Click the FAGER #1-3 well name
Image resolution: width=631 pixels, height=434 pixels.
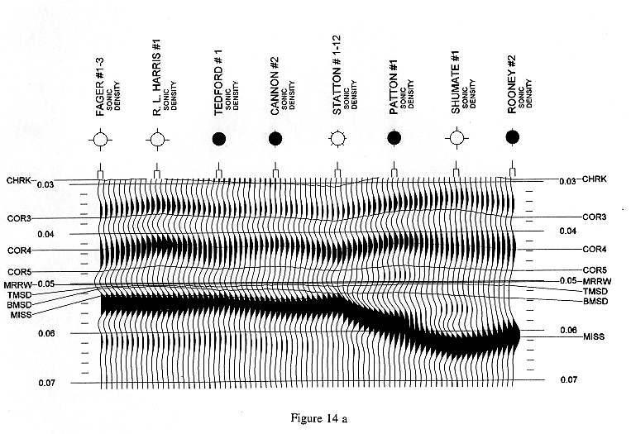pyautogui.click(x=100, y=87)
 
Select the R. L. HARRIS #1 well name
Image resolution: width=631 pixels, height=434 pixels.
pyautogui.click(x=156, y=78)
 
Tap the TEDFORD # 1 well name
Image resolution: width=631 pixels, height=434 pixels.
pyautogui.click(x=218, y=83)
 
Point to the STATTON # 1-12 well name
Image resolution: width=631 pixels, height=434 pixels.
pyautogui.click(x=337, y=75)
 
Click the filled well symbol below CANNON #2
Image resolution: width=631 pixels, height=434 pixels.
pyautogui.click(x=275, y=139)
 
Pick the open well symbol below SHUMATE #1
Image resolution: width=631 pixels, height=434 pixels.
pyautogui.click(x=457, y=138)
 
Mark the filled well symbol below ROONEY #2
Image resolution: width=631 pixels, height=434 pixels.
pyautogui.click(x=512, y=137)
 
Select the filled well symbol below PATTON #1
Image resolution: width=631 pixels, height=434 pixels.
pyautogui.click(x=394, y=138)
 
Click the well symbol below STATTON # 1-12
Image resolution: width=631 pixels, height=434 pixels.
pyautogui.click(x=337, y=139)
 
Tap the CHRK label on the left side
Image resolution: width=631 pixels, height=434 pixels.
pyautogui.click(x=19, y=180)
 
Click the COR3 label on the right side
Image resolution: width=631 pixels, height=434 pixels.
pyautogui.click(x=595, y=217)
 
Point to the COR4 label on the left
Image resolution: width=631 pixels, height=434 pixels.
pyautogui.click(x=19, y=250)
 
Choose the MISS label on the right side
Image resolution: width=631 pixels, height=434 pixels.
pyautogui.click(x=594, y=336)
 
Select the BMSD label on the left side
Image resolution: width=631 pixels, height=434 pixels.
pyautogui.click(x=19, y=305)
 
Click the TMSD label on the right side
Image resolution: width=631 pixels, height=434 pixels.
pyautogui.click(x=595, y=291)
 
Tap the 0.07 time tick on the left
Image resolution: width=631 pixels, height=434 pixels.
pyautogui.click(x=46, y=383)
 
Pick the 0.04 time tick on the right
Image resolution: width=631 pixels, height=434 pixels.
pyautogui.click(x=568, y=231)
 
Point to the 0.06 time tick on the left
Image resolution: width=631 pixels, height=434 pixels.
pyautogui.click(x=46, y=333)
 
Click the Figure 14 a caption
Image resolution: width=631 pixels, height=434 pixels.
pyautogui.click(x=318, y=418)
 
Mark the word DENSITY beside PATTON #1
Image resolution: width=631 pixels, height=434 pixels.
pyautogui.click(x=411, y=94)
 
